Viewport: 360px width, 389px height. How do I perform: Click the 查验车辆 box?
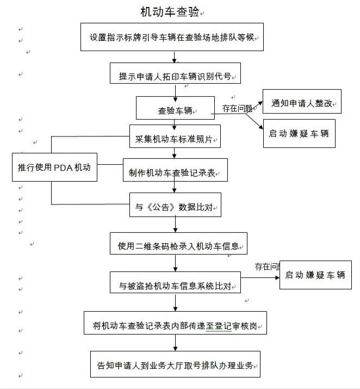pos(175,109)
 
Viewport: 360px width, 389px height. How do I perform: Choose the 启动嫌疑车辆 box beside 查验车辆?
pos(299,133)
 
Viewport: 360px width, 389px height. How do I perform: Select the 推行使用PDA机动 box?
pos(54,167)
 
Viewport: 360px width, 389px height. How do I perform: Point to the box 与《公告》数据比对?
pos(175,206)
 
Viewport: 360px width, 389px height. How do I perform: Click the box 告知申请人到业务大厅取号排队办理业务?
pos(175,364)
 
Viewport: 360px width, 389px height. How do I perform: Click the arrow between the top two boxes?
pos(174,57)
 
